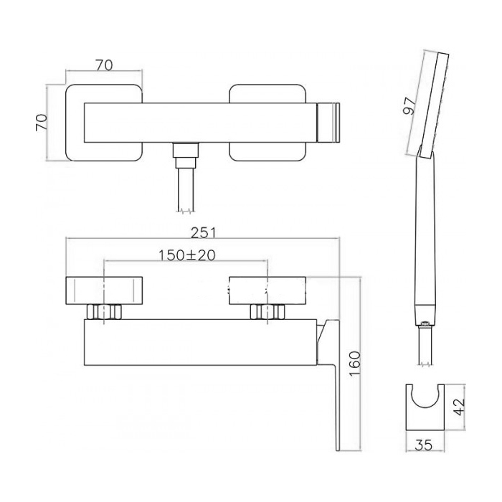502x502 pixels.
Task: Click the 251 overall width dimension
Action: click(203, 232)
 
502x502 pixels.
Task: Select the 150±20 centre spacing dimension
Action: click(187, 255)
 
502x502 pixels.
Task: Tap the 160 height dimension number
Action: click(355, 364)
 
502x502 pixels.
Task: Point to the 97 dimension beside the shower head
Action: click(409, 107)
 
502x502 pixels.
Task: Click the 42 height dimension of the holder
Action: click(460, 407)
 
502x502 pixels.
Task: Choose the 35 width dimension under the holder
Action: click(424, 445)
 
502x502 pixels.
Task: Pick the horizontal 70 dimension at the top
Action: click(104, 65)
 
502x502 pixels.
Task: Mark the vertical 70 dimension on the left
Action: click(42, 123)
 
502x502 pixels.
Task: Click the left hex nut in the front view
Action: click(105, 312)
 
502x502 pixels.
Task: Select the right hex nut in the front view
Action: click(267, 312)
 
